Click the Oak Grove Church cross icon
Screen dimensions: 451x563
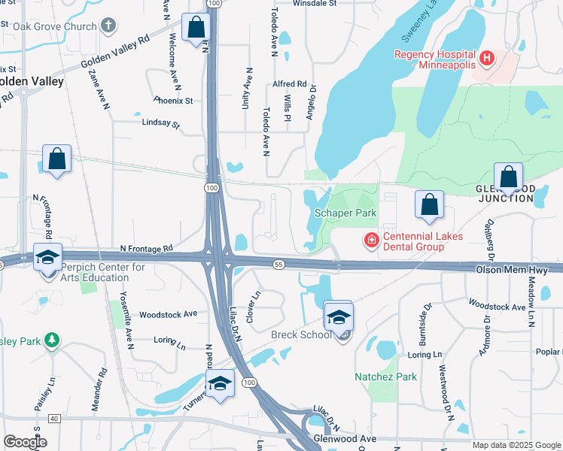[x=108, y=26]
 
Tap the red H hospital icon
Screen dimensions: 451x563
[x=487, y=57]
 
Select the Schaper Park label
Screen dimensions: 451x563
[x=345, y=213]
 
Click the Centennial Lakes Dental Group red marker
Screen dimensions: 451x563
[x=370, y=241]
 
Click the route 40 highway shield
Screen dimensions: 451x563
[x=53, y=418]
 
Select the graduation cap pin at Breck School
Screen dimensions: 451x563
[x=338, y=316]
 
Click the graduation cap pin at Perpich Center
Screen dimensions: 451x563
[x=47, y=257]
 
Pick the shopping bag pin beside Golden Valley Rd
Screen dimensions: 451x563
[x=196, y=29]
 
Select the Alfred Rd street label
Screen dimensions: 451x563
[x=290, y=84]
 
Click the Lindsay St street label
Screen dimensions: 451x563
[x=160, y=123]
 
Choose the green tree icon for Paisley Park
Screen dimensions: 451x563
[x=51, y=340]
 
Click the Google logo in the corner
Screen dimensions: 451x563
[x=24, y=442]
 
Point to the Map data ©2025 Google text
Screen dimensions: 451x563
[x=516, y=445]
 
